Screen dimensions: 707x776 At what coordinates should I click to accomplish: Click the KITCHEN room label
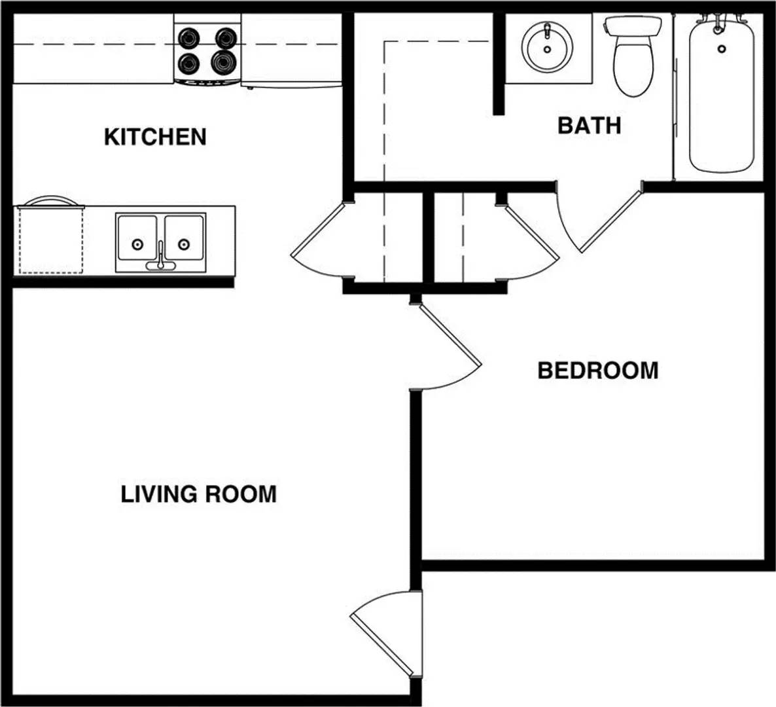[155, 137]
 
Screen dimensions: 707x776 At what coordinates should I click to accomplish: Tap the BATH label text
[589, 125]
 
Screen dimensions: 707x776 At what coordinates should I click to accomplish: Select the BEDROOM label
[597, 371]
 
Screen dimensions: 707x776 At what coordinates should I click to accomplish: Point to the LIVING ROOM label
[199, 494]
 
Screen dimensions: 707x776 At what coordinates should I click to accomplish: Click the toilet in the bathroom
[633, 62]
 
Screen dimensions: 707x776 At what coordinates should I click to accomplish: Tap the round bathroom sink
[547, 47]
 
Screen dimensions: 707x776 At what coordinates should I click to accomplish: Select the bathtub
[721, 95]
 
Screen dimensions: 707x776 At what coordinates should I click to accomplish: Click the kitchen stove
[207, 50]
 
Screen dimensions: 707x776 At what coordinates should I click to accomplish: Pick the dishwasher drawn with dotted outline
[50, 239]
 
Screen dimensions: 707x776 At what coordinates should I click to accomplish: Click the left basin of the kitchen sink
[137, 240]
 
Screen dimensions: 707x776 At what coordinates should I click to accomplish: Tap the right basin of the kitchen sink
[184, 240]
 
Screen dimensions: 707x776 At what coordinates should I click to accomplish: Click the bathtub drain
[722, 48]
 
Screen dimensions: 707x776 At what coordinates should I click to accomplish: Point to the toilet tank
[633, 26]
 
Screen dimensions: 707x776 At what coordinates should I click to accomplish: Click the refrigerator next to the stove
[291, 50]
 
